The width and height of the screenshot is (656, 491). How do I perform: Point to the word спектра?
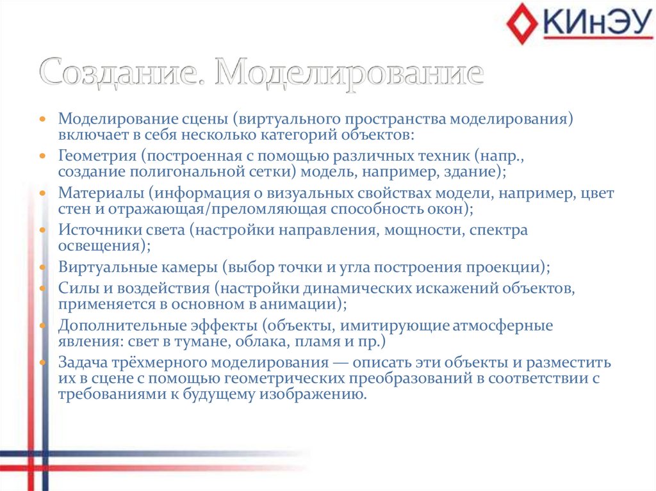(498, 230)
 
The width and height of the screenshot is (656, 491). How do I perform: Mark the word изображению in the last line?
(312, 394)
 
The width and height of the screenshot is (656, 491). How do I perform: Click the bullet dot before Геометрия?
(42, 156)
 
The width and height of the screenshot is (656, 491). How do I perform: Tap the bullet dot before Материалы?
(42, 193)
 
